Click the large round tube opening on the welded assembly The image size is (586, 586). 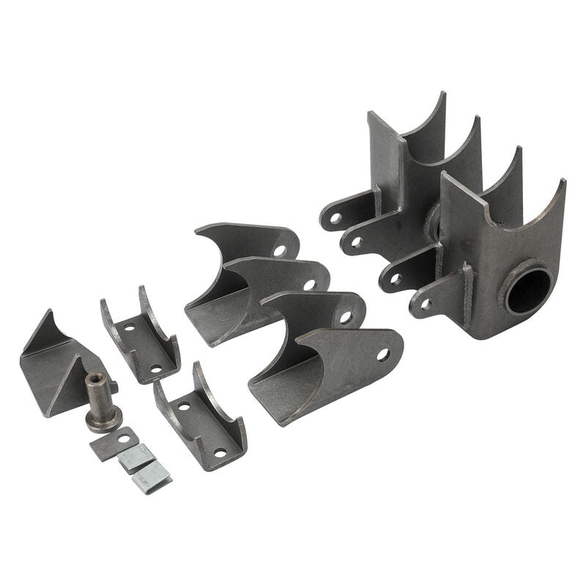[x=528, y=290]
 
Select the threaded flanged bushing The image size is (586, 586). [x=100, y=402]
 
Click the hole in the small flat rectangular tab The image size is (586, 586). [x=125, y=439]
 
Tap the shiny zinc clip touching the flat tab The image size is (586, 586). [x=137, y=459]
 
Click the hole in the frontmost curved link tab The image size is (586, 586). [x=382, y=355]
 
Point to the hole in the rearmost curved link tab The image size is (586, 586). [x=280, y=250]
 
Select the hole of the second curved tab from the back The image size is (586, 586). [x=310, y=284]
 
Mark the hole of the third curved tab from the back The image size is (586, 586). [x=346, y=318]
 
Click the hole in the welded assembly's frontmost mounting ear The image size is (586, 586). [x=426, y=303]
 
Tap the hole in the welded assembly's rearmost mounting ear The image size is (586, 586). [x=335, y=218]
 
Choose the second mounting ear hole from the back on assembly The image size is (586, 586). [x=356, y=241]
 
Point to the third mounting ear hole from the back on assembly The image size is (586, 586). [x=395, y=278]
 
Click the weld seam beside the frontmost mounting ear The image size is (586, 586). [x=467, y=282]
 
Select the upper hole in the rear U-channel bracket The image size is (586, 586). [x=129, y=328]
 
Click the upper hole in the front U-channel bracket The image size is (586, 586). [x=184, y=405]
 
